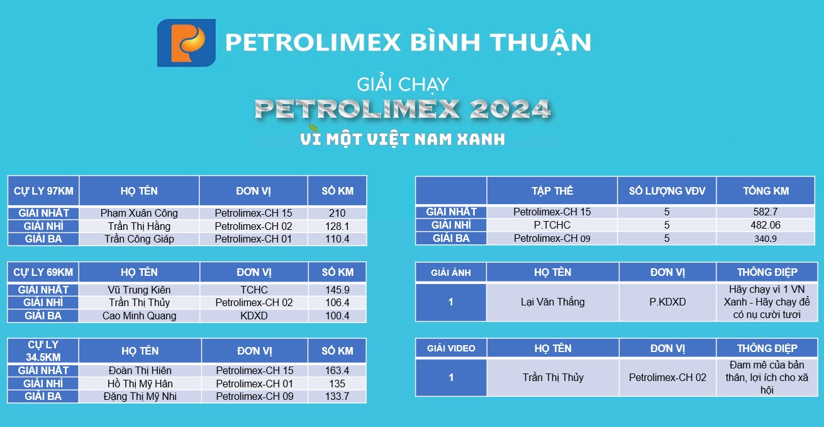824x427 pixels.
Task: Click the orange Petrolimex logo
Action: coord(186,43)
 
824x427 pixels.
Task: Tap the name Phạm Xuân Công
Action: coord(139,213)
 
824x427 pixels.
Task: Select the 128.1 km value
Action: coord(337,226)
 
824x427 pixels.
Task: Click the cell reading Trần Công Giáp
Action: coord(139,239)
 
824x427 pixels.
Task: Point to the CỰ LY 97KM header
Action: coord(43,191)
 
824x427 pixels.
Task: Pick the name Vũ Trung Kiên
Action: coord(139,290)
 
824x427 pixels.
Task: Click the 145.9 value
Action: coord(337,290)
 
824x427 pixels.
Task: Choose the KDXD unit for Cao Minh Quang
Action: coord(254,316)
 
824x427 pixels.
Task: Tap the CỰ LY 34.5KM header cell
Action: coord(43,351)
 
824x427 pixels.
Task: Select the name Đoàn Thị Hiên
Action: coord(140,370)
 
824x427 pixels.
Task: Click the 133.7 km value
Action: coord(337,396)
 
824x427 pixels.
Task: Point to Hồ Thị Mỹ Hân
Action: coord(140,384)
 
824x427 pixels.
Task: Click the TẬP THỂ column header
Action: coord(552,190)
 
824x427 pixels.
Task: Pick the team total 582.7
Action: coord(766,212)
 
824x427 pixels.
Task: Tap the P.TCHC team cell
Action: coord(552,225)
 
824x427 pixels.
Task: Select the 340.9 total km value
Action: coord(766,239)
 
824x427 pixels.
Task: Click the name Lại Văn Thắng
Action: coord(552,302)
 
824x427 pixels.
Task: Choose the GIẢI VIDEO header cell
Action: coord(451,348)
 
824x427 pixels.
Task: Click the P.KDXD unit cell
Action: coord(667,302)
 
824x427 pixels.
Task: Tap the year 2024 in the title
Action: coord(510,109)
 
